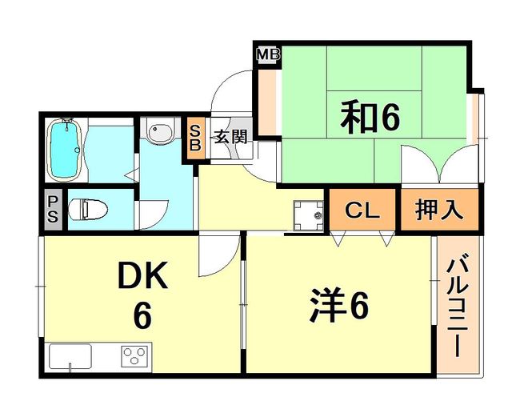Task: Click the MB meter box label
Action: pos(268,54)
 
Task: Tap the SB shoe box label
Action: pos(195,138)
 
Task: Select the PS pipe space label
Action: pos(52,210)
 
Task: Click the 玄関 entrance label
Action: pos(230,137)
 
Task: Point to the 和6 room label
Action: pos(370,117)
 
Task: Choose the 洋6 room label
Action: pos(339,305)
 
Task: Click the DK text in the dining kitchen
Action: pos(142,275)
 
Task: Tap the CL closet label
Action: pos(362,211)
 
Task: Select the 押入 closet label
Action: pos(438,210)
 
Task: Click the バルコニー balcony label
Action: pos(458,307)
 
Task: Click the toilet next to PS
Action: pos(88,210)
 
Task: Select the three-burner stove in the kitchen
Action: pos(134,355)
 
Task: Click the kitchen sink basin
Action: pos(70,356)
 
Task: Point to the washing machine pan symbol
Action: pos(308,216)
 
